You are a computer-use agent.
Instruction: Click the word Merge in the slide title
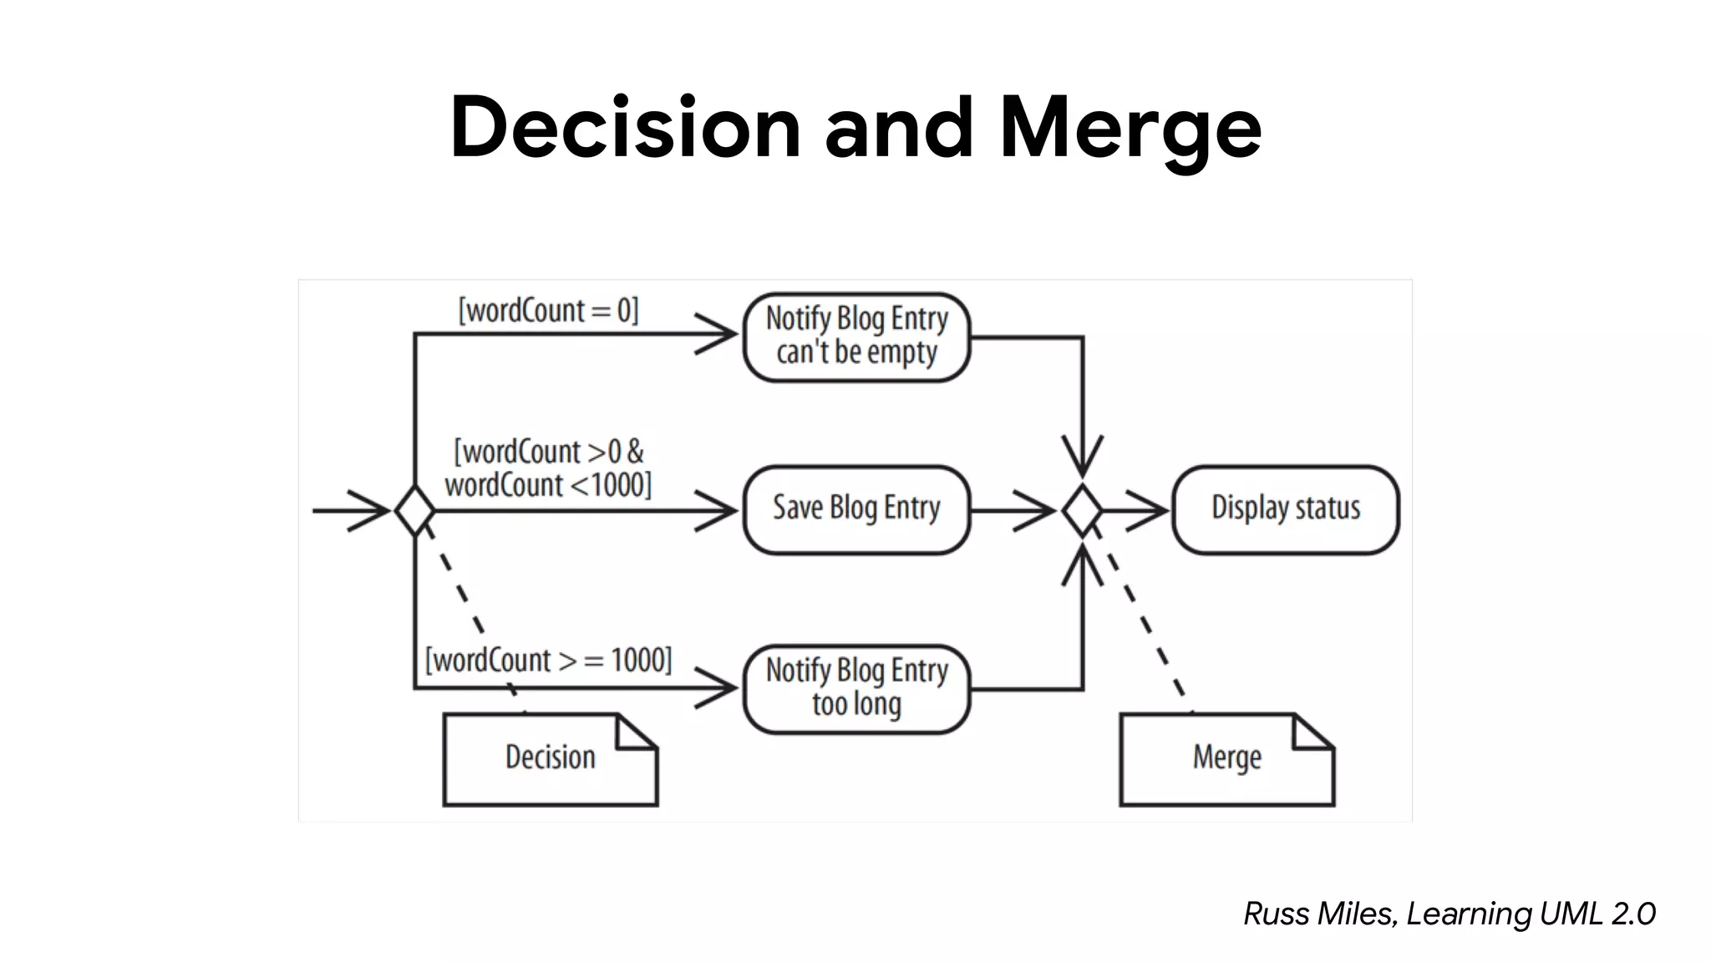(x=1130, y=127)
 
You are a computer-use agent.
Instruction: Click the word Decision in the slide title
(x=625, y=127)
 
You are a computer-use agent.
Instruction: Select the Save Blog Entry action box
(x=856, y=509)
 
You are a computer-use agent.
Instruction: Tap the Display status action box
(x=1285, y=509)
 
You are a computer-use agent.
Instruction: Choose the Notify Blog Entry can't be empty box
(x=856, y=337)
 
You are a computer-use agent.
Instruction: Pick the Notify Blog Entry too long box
(x=856, y=688)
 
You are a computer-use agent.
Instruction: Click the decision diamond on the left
(x=414, y=510)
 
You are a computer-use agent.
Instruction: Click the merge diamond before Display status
(x=1083, y=510)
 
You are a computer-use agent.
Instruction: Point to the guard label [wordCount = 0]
(x=548, y=311)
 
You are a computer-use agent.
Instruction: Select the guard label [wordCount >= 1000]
(x=548, y=661)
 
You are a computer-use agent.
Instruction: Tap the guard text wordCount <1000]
(x=547, y=485)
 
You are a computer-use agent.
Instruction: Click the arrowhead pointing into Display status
(x=1153, y=510)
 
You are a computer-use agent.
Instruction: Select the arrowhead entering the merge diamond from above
(x=1083, y=459)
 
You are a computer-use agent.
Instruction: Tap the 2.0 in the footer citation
(x=1633, y=914)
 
